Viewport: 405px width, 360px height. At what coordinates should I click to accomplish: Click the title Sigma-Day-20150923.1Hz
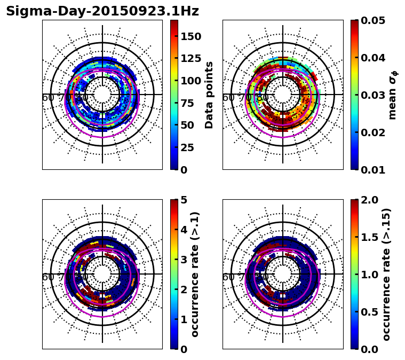102,11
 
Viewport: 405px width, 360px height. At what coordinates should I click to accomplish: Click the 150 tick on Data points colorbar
190,36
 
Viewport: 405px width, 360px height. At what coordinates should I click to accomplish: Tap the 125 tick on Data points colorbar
190,59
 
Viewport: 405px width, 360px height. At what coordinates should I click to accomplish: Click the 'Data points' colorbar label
209,95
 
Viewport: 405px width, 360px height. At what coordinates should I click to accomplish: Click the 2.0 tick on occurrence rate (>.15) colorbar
370,200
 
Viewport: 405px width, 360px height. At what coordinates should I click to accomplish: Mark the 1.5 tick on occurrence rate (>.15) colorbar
370,237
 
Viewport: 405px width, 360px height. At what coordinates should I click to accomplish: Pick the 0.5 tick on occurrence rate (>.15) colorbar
370,312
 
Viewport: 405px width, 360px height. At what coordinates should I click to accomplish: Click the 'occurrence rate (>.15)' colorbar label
386,275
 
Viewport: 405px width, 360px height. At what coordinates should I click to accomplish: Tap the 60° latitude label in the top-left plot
48,98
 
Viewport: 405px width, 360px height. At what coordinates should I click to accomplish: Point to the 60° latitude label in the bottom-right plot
228,277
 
